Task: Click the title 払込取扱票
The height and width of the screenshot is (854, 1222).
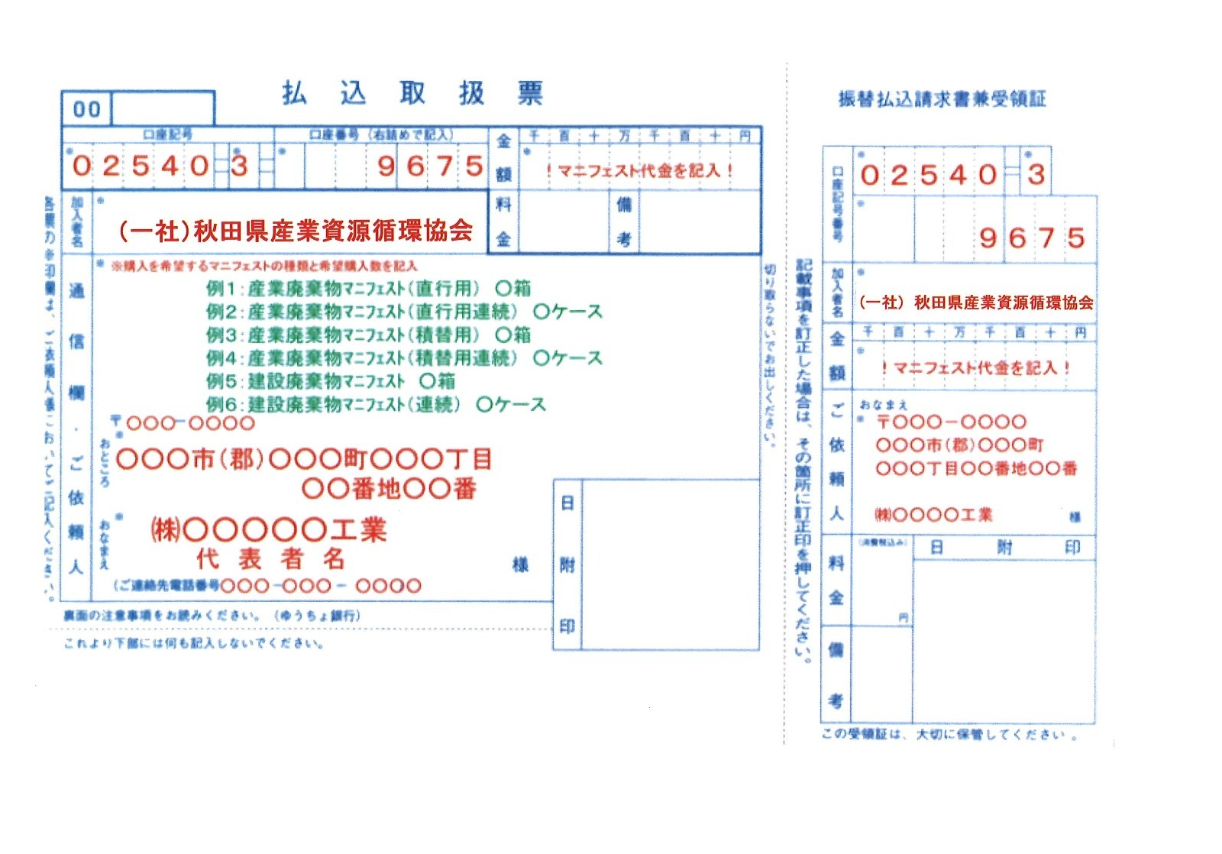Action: point(412,93)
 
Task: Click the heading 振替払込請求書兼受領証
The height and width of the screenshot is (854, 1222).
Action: point(941,99)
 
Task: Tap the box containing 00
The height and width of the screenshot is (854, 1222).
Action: point(87,109)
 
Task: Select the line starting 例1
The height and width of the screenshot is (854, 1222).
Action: point(368,289)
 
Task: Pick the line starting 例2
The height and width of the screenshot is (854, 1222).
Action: point(404,312)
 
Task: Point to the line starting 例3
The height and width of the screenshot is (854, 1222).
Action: point(368,335)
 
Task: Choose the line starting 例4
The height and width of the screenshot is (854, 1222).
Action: point(404,357)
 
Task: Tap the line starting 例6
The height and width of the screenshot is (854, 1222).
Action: point(376,404)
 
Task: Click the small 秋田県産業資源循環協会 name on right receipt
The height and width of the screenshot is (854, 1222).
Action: point(976,302)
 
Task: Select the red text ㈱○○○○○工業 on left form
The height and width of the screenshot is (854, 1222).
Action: point(269,529)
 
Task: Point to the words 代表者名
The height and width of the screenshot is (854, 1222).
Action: point(271,558)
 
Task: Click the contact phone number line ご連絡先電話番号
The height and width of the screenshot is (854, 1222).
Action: point(267,586)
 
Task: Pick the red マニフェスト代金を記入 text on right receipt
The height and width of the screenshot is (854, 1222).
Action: point(975,367)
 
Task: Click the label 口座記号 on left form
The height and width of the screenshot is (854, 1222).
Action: point(167,135)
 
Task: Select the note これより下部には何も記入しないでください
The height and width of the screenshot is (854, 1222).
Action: point(194,643)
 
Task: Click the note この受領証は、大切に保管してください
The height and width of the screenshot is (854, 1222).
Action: point(949,735)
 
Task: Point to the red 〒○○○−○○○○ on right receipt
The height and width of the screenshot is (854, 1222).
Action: point(951,422)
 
